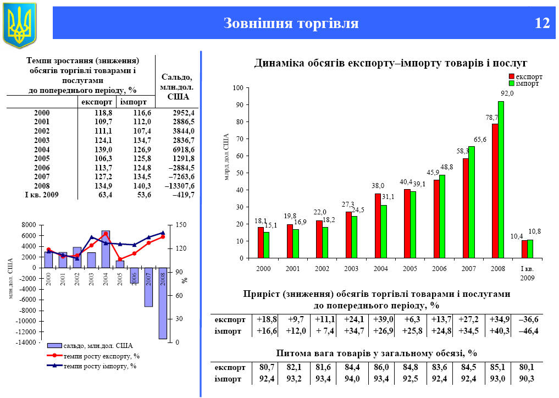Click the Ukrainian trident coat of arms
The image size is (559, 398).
pyautogui.click(x=19, y=24)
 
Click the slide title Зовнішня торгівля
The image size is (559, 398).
pyautogui.click(x=291, y=24)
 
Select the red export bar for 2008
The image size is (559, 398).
pyautogui.click(x=495, y=191)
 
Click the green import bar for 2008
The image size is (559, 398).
pyautogui.click(x=501, y=179)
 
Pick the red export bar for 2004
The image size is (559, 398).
pyautogui.click(x=378, y=225)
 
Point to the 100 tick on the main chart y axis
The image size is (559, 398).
pyautogui.click(x=237, y=88)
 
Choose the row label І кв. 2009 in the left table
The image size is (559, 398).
pyautogui.click(x=41, y=195)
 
